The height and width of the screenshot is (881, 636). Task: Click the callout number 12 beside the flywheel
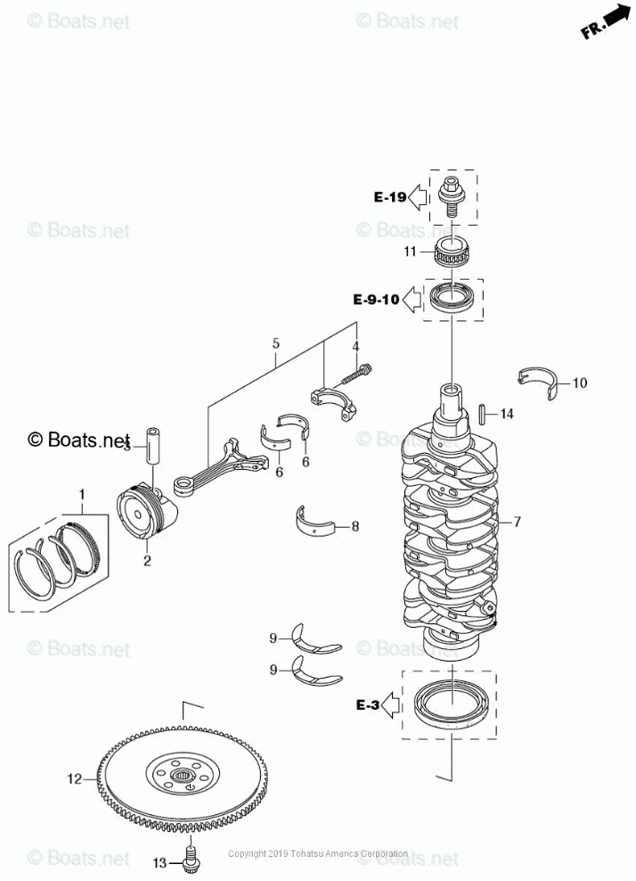pyautogui.click(x=74, y=778)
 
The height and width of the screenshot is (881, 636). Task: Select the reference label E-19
pyautogui.click(x=390, y=197)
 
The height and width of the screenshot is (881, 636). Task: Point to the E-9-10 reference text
pyautogui.click(x=377, y=300)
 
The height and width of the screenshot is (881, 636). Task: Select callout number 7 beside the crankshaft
pyautogui.click(x=516, y=521)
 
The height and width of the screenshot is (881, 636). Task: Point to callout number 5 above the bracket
pyautogui.click(x=276, y=343)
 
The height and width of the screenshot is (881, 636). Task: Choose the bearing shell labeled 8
pyautogui.click(x=317, y=521)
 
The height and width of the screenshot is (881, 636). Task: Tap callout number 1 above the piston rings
pyautogui.click(x=84, y=493)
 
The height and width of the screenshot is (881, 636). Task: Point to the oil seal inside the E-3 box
pyautogui.click(x=449, y=700)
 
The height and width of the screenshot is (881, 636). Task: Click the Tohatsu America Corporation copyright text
pyautogui.click(x=318, y=853)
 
